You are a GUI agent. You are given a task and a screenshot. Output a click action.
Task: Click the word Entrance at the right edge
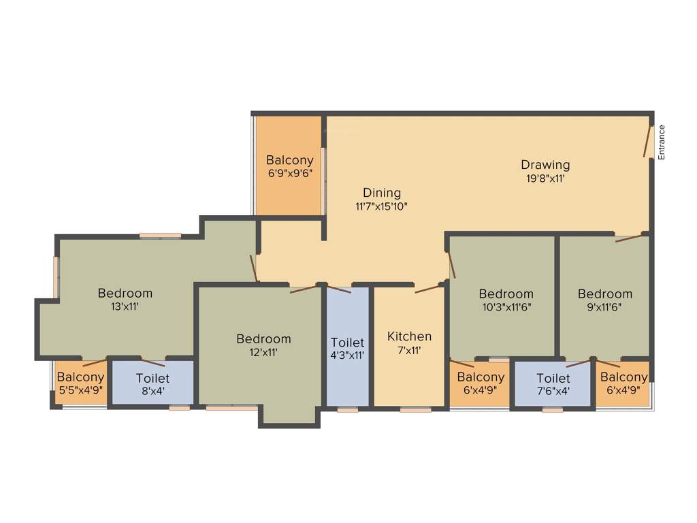(661, 142)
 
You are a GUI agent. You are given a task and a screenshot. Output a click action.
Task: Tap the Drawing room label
(545, 165)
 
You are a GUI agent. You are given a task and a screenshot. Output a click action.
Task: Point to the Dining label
(382, 193)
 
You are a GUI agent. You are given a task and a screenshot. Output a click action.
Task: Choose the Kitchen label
(409, 336)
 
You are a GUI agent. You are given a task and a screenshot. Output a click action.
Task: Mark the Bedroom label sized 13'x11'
(125, 294)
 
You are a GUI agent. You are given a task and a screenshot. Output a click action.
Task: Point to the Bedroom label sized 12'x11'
(263, 339)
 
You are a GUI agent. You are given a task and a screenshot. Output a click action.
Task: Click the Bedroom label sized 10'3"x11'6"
(506, 294)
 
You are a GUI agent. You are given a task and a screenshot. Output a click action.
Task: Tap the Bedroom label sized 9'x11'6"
(604, 294)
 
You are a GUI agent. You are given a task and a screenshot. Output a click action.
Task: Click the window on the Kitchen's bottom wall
(415, 410)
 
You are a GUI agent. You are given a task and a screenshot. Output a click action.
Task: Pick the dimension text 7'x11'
(409, 351)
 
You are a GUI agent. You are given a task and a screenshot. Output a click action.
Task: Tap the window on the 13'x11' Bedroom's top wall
(161, 236)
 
